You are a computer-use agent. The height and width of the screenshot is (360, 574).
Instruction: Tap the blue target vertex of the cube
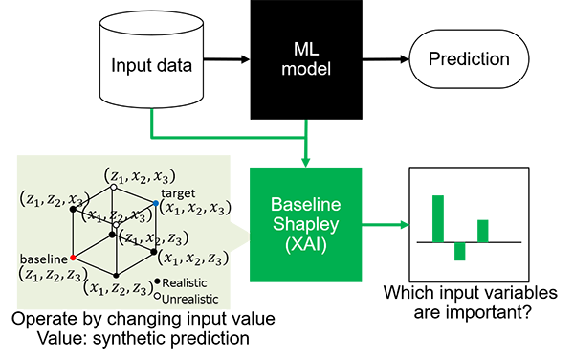pyautogui.click(x=155, y=204)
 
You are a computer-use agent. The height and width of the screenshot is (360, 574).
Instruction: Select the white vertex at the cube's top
pyautogui.click(x=114, y=187)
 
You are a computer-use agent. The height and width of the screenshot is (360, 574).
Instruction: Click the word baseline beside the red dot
pyautogui.click(x=43, y=259)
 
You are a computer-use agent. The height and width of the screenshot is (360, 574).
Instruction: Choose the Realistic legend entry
pyautogui.click(x=184, y=282)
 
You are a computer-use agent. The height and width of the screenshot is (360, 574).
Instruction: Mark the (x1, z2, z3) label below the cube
pyautogui.click(x=120, y=288)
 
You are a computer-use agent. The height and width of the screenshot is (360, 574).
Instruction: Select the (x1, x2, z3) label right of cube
pyautogui.click(x=193, y=258)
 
